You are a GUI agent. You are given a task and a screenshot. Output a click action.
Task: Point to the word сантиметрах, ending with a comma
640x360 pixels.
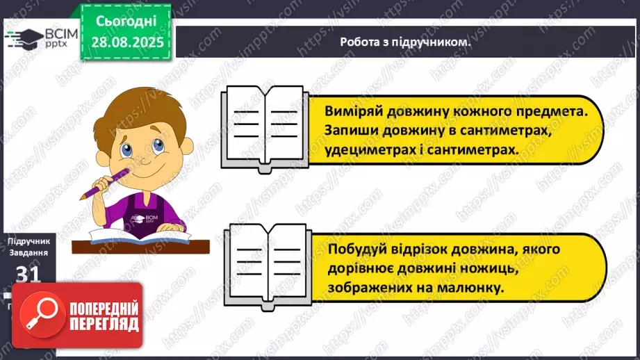pos(501,131)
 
